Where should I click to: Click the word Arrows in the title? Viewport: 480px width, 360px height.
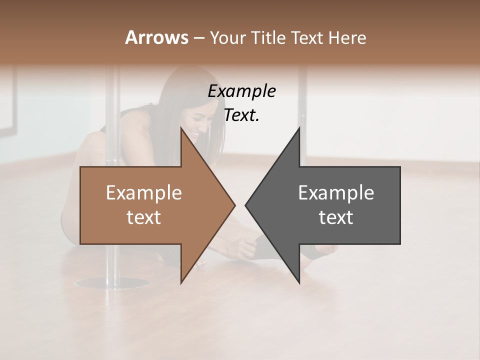tap(156, 37)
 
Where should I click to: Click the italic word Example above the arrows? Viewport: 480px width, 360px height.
tap(241, 91)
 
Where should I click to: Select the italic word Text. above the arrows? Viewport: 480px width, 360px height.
tap(241, 115)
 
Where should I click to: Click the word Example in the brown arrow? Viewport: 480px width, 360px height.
tap(143, 193)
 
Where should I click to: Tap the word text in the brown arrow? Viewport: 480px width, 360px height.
tap(143, 217)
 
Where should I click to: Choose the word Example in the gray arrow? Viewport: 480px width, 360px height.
tap(336, 193)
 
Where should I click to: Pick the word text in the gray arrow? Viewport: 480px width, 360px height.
tap(336, 217)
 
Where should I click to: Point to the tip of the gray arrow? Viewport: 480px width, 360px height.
tap(246, 205)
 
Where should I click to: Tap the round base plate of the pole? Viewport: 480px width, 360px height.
tap(105, 284)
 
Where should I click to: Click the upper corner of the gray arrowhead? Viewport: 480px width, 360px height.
tap(299, 128)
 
